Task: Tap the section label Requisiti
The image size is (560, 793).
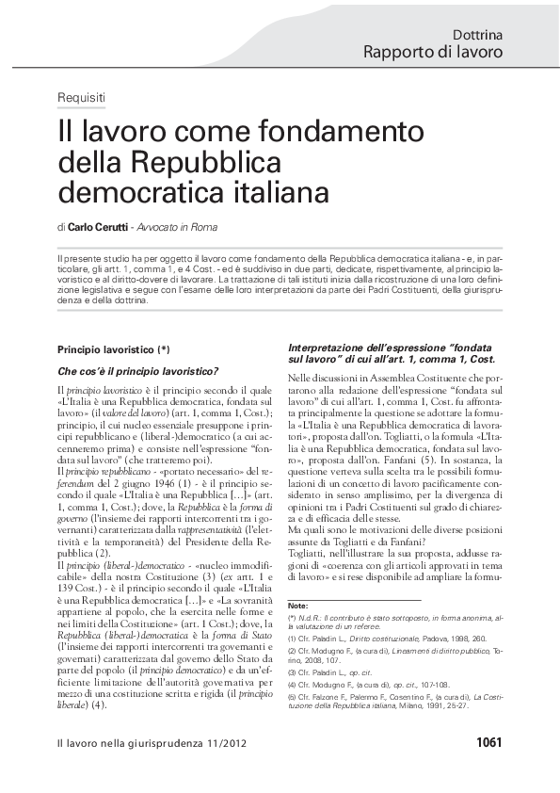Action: point(81,98)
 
